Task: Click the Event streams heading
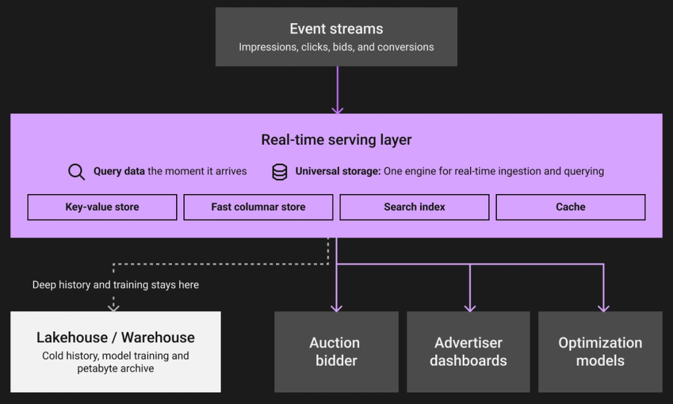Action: point(336,29)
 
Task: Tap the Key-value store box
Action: point(102,207)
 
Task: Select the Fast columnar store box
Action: point(258,207)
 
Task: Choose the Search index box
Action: point(415,207)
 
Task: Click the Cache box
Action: point(571,207)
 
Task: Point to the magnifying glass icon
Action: point(76,172)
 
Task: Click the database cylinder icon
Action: point(279,172)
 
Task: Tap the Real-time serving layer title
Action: point(336,139)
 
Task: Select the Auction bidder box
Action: point(336,351)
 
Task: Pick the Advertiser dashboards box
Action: point(468,351)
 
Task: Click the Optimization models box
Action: point(600,351)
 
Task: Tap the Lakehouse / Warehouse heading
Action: point(116,338)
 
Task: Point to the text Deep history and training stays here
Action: point(116,284)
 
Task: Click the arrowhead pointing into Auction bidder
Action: point(336,308)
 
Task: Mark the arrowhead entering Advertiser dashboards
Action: point(470,308)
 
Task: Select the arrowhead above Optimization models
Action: point(603,308)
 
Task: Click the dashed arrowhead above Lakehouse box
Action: point(113,307)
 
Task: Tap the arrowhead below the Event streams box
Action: point(337,110)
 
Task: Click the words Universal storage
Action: point(338,171)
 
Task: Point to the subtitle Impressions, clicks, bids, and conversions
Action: point(336,47)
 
